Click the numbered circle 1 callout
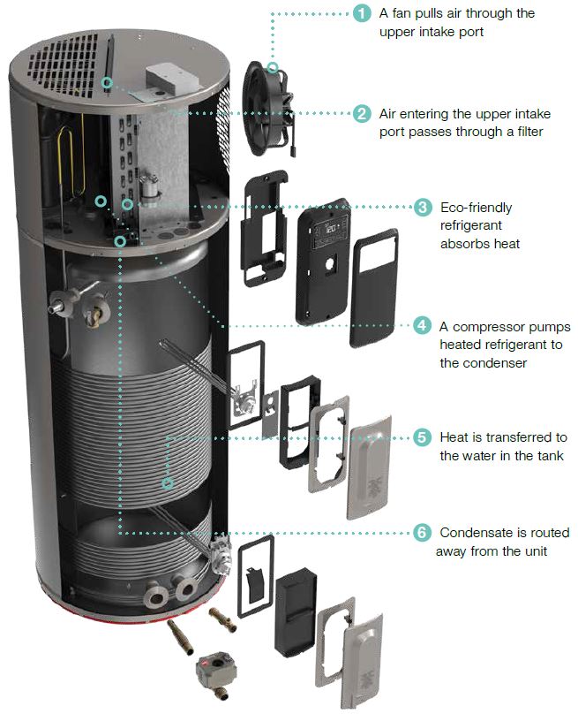(x=361, y=13)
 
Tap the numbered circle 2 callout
(x=361, y=114)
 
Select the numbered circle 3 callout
(x=424, y=208)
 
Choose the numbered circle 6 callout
(x=424, y=533)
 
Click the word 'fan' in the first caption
(x=402, y=13)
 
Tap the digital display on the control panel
(x=334, y=231)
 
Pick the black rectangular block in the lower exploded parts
(x=295, y=611)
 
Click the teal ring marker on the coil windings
(x=167, y=482)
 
